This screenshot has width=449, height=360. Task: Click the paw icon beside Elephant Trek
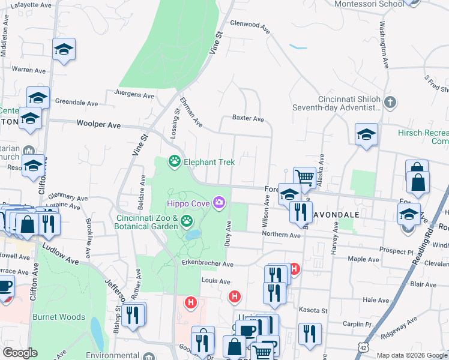point(175,161)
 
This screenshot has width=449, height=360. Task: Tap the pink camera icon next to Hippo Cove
point(220,204)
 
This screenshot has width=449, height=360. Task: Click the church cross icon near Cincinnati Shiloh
point(390,102)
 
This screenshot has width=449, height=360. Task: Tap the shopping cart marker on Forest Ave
point(304,176)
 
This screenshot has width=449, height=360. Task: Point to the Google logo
point(20,353)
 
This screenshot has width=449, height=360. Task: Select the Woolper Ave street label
point(99,125)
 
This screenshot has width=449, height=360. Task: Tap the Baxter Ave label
point(248,119)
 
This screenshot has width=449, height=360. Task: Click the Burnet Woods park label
point(59,317)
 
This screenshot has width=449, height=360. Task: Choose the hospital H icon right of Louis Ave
point(235,296)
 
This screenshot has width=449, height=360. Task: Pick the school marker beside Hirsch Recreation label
point(366,134)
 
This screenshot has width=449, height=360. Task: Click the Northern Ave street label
point(281,235)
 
